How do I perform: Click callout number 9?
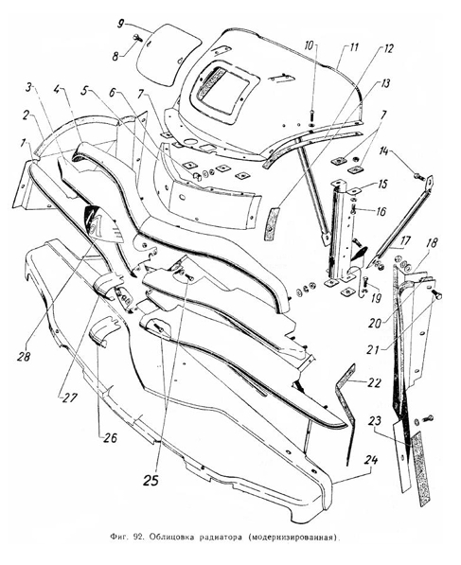(121, 25)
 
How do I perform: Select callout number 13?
(385, 84)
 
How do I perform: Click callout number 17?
(405, 240)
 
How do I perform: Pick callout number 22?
(373, 382)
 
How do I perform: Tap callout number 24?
(371, 461)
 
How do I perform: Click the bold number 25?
(151, 480)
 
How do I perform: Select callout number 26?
(110, 438)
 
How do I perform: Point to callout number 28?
(24, 357)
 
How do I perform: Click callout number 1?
(24, 144)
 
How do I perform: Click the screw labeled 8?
(137, 37)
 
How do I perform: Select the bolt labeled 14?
(418, 176)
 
